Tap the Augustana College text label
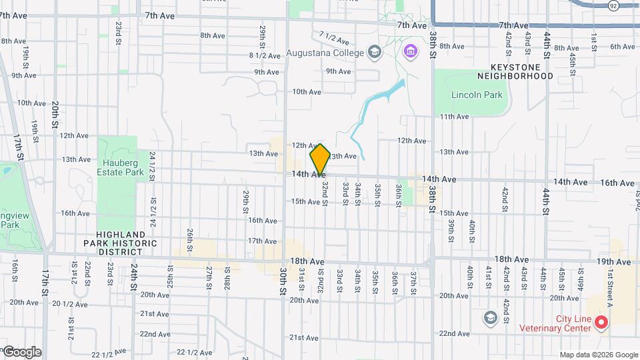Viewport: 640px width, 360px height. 325,53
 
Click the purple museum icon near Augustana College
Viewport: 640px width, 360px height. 409,51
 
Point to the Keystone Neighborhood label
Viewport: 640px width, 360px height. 521,71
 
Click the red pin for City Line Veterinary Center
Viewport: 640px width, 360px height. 601,323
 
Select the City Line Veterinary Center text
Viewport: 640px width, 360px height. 555,323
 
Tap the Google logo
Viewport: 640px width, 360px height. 21,351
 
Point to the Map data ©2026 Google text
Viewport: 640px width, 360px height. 599,355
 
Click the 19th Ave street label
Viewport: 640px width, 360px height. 613,259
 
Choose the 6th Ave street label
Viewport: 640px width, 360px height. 622,47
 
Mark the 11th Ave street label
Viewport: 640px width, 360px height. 454,117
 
